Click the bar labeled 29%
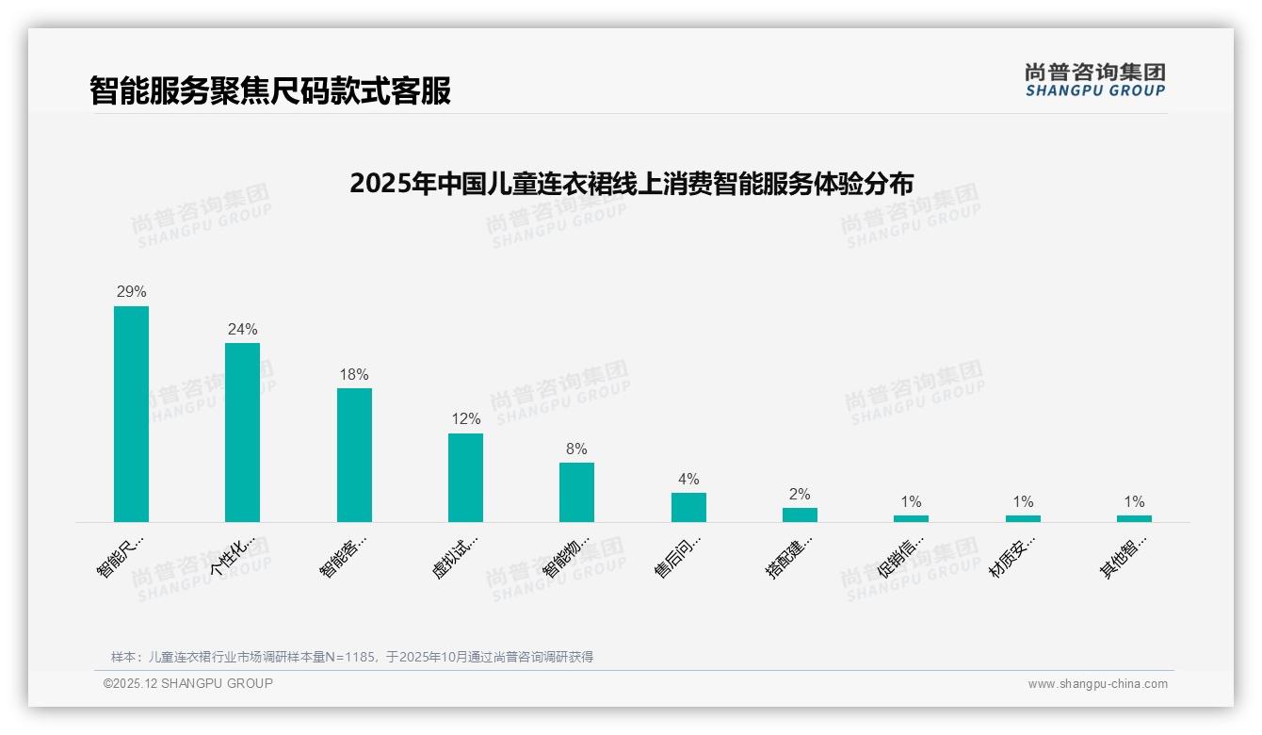coord(131,414)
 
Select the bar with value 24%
coord(242,433)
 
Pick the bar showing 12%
coord(465,478)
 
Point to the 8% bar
coord(576,492)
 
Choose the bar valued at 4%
coord(688,507)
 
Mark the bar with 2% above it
coord(800,514)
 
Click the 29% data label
coord(131,292)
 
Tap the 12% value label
coord(465,419)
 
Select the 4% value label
coord(688,480)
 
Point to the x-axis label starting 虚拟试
coord(456,556)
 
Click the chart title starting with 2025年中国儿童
coord(631,183)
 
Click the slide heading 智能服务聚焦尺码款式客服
coord(270,90)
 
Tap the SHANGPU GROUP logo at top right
coord(1094,80)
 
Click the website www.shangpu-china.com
coord(1097,684)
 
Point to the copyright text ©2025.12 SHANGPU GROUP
coord(188,683)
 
